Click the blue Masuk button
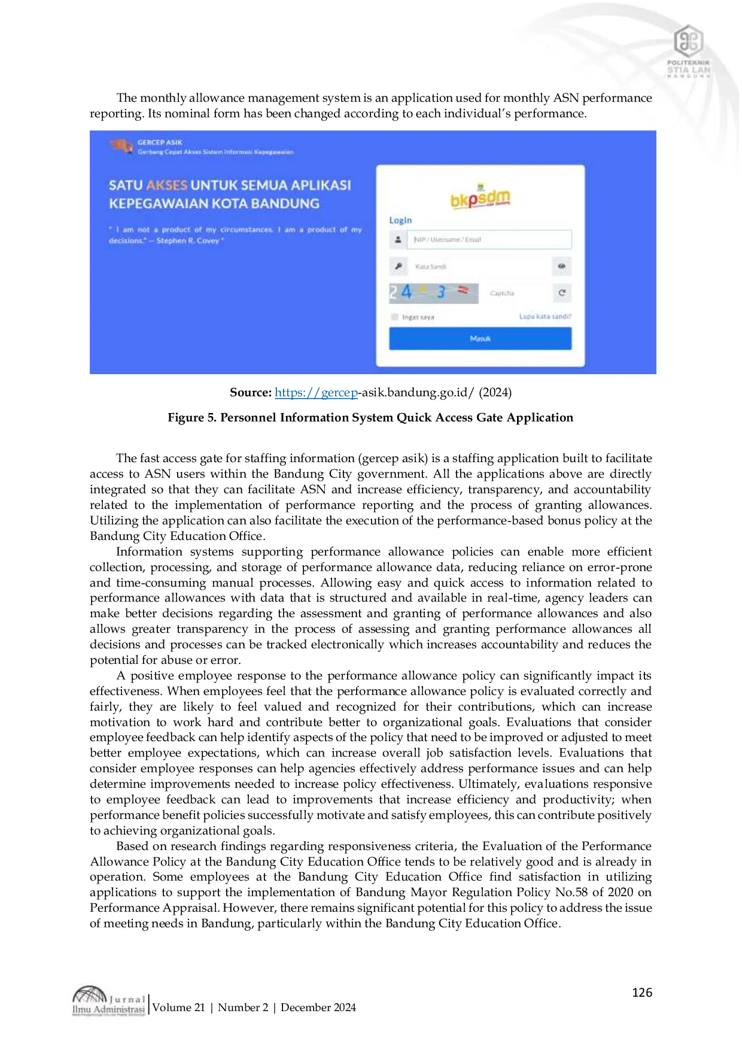(x=480, y=339)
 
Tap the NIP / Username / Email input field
(x=489, y=239)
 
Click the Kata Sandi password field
(x=479, y=266)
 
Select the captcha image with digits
(x=434, y=293)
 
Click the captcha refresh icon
(x=562, y=293)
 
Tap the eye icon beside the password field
(x=562, y=266)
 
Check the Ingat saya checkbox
(x=395, y=317)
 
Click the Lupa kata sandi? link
(x=545, y=316)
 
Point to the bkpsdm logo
(x=480, y=198)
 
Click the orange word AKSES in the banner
(x=167, y=185)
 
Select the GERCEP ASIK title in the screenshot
(x=160, y=142)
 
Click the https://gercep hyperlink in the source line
(x=316, y=393)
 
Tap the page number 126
(x=642, y=993)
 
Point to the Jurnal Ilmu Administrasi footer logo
(x=109, y=1001)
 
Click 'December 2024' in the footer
(x=318, y=1007)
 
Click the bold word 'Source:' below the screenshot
(x=251, y=393)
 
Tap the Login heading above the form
(x=400, y=220)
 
